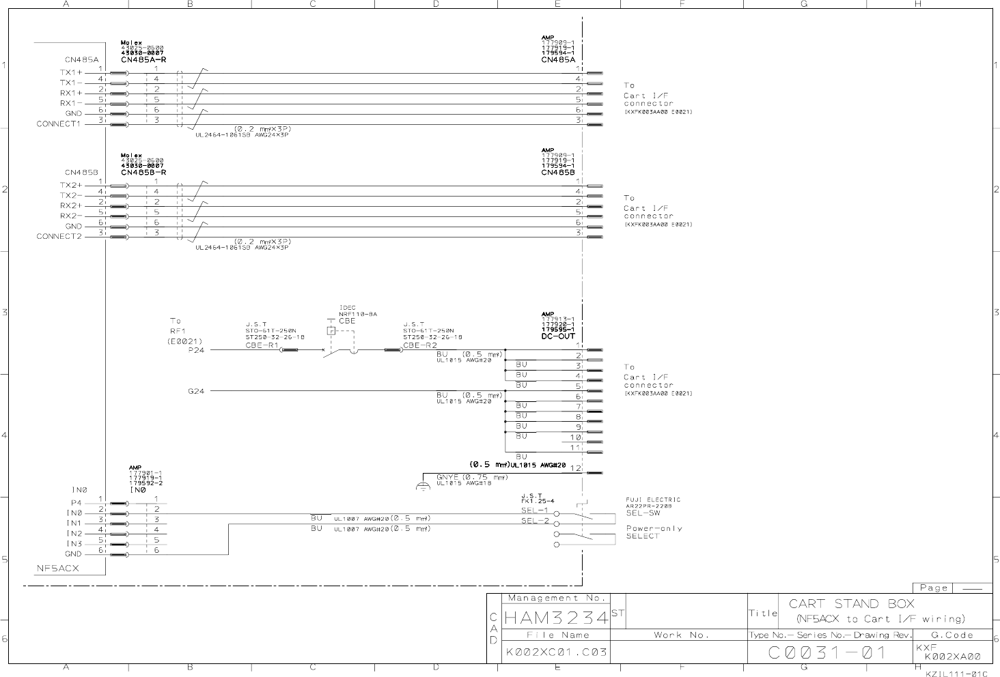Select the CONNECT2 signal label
click(59, 237)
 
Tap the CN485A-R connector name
click(143, 59)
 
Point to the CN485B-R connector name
click(143, 173)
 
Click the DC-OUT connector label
click(558, 336)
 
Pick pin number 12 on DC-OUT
click(576, 469)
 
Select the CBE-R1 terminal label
click(262, 345)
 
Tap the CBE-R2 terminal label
click(420, 345)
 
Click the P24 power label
click(196, 350)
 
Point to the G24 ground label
click(196, 392)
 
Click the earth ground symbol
click(424, 486)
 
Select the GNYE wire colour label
click(449, 477)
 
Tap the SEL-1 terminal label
click(535, 510)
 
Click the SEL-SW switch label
click(643, 513)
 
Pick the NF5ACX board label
click(57, 568)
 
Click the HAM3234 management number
click(555, 618)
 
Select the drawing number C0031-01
click(827, 653)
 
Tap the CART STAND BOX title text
click(852, 604)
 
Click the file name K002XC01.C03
click(556, 653)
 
